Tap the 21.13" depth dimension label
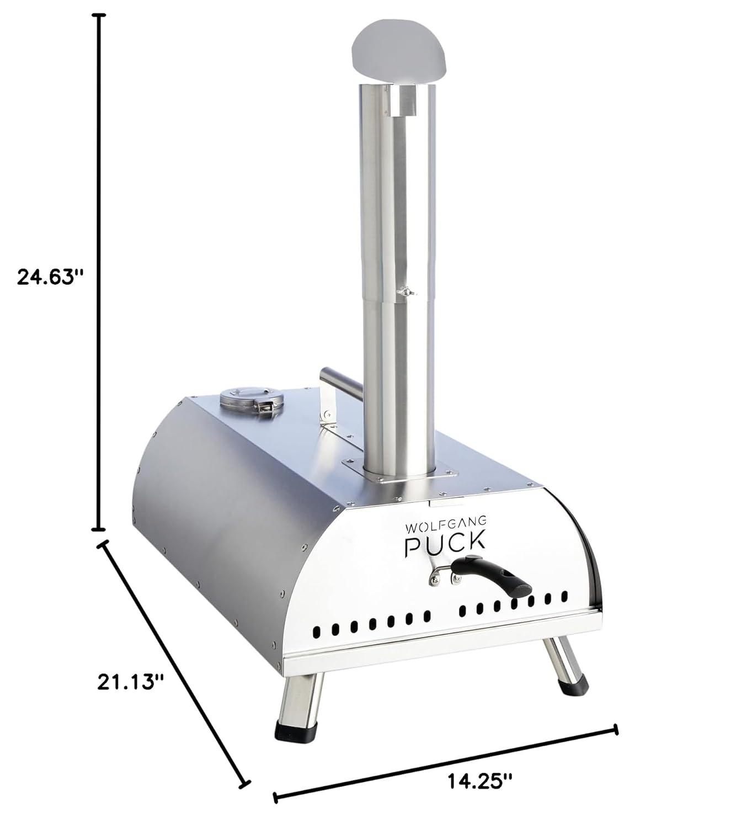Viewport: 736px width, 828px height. (x=130, y=681)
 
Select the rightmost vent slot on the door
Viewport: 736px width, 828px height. (x=564, y=596)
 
